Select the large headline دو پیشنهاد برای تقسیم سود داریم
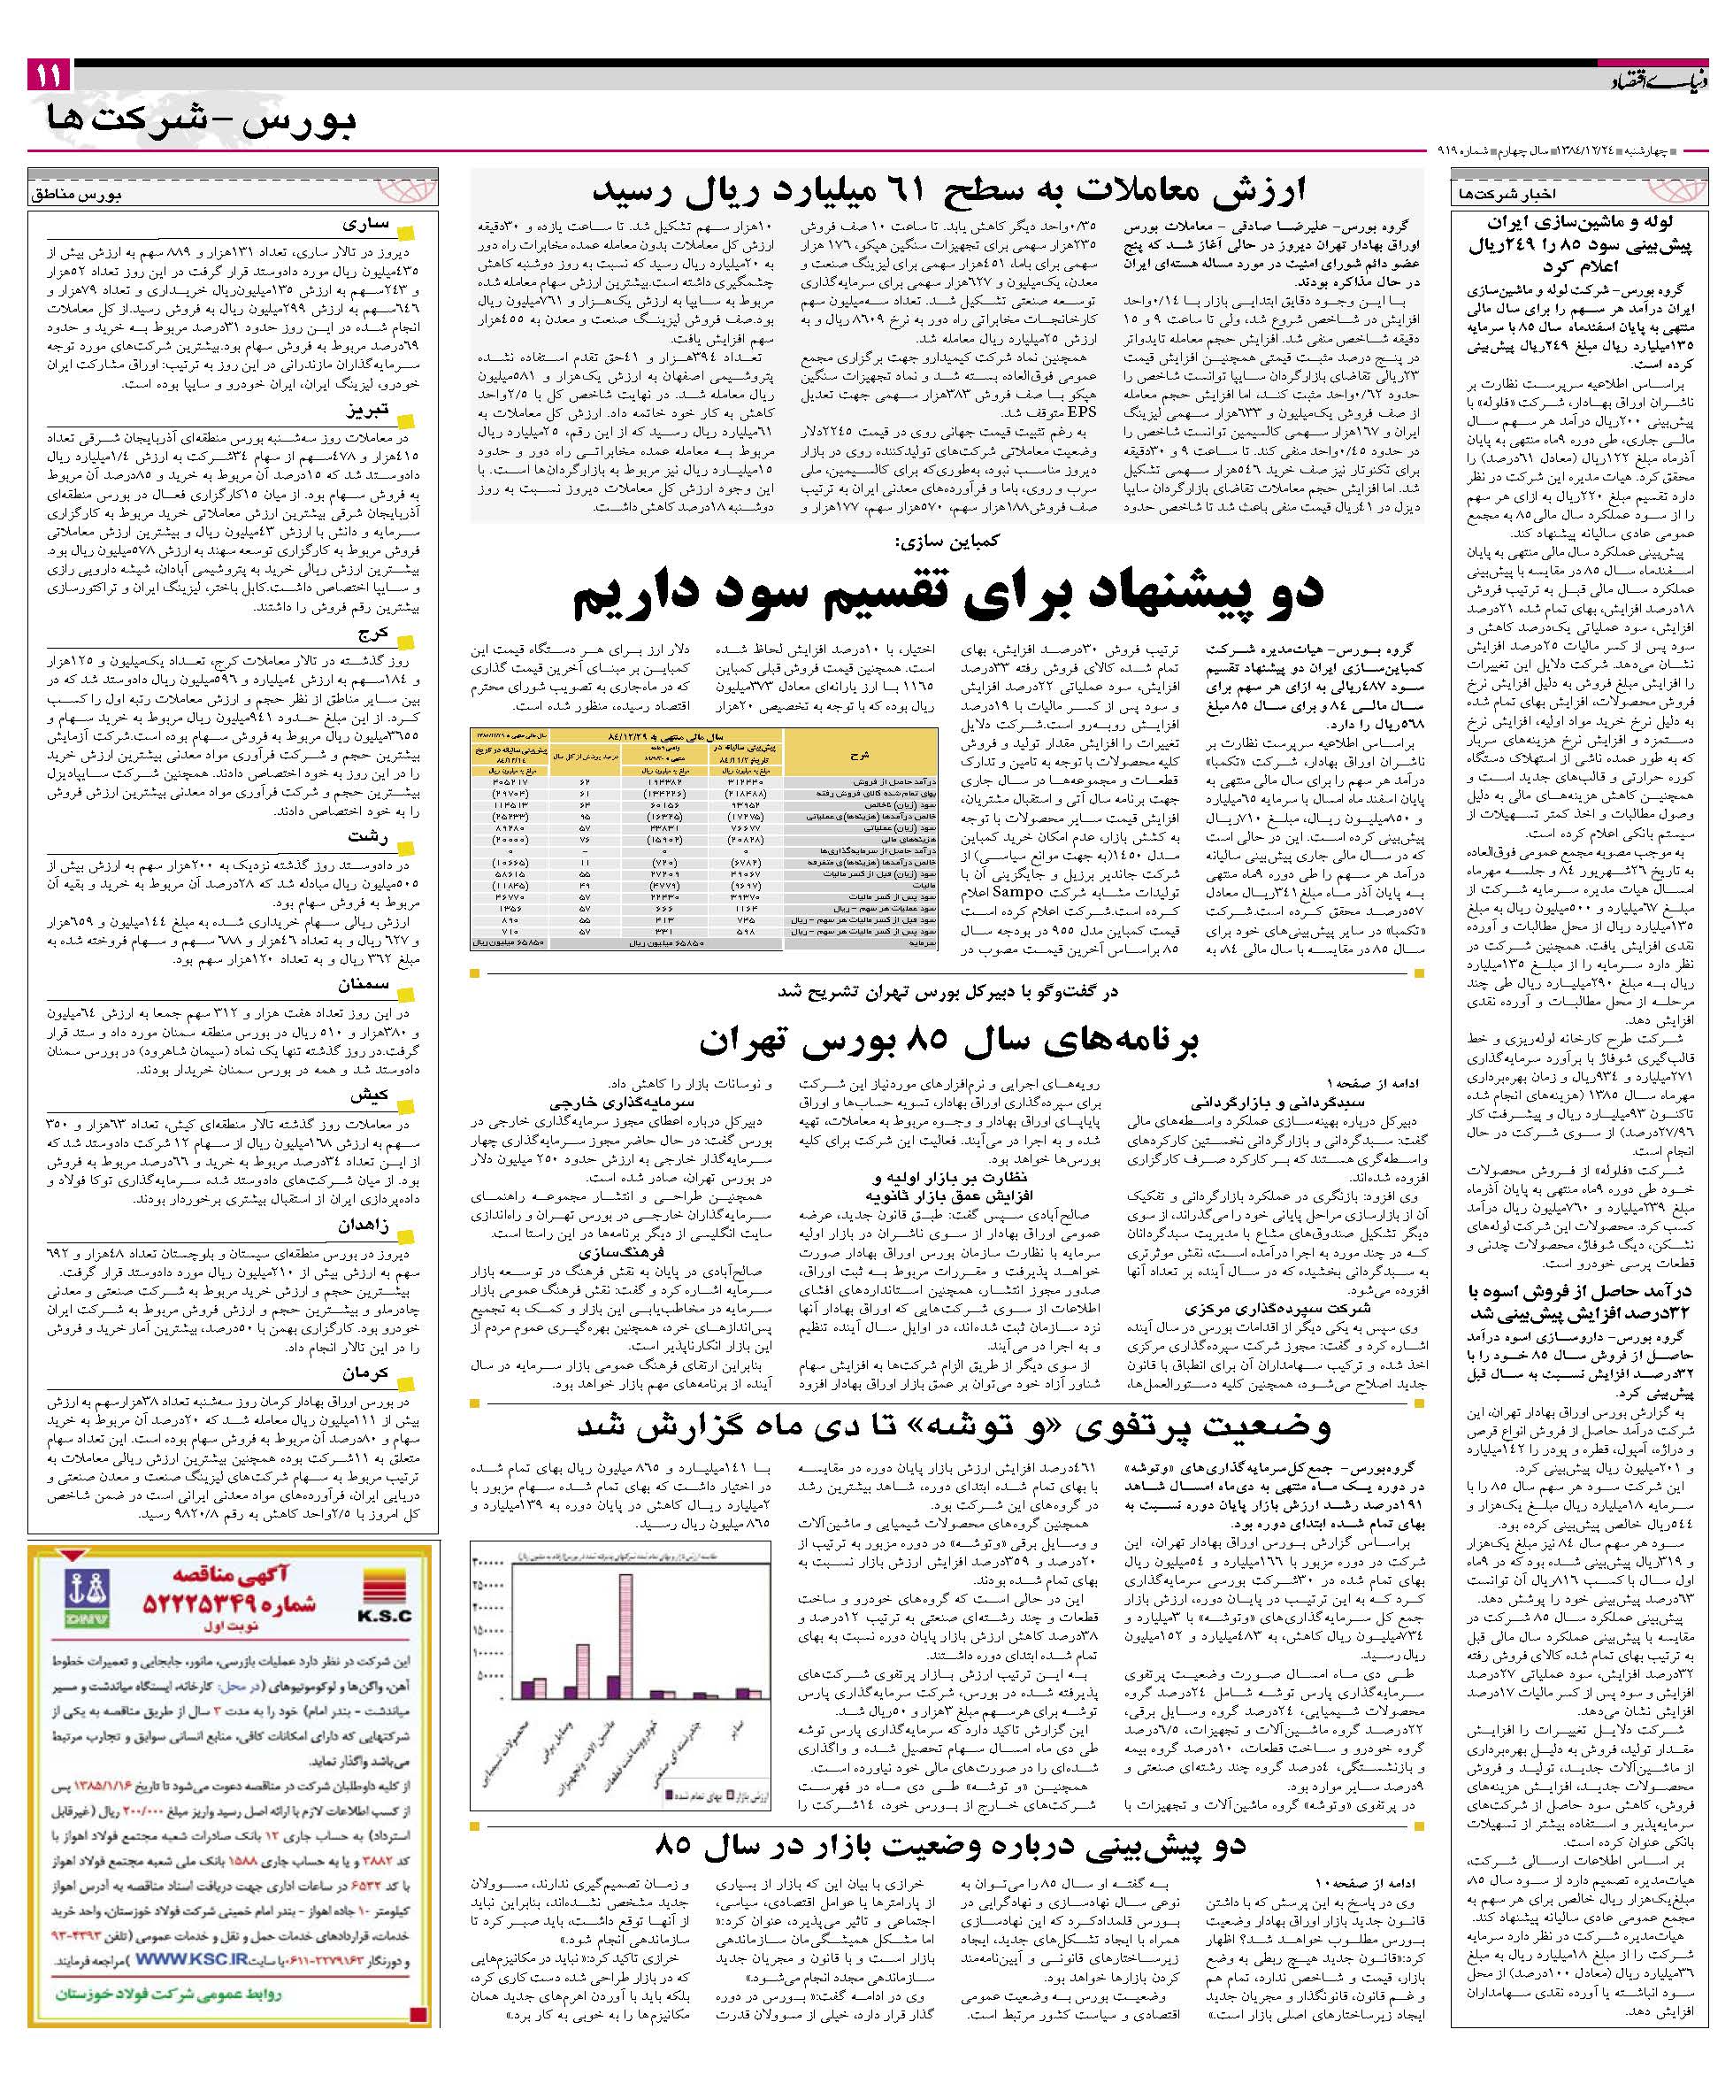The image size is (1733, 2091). (x=947, y=594)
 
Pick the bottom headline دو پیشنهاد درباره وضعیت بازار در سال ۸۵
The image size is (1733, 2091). (x=949, y=1845)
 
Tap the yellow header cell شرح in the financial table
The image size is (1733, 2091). (x=860, y=755)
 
